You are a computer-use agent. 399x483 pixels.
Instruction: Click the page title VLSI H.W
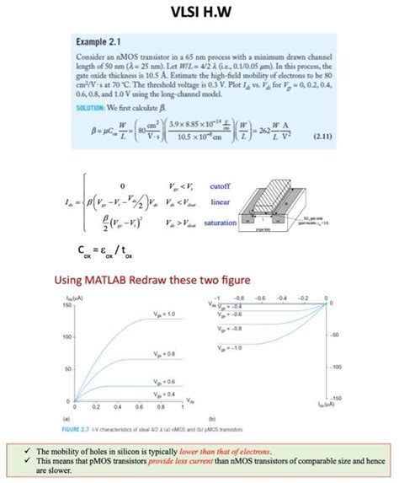coord(199,13)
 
